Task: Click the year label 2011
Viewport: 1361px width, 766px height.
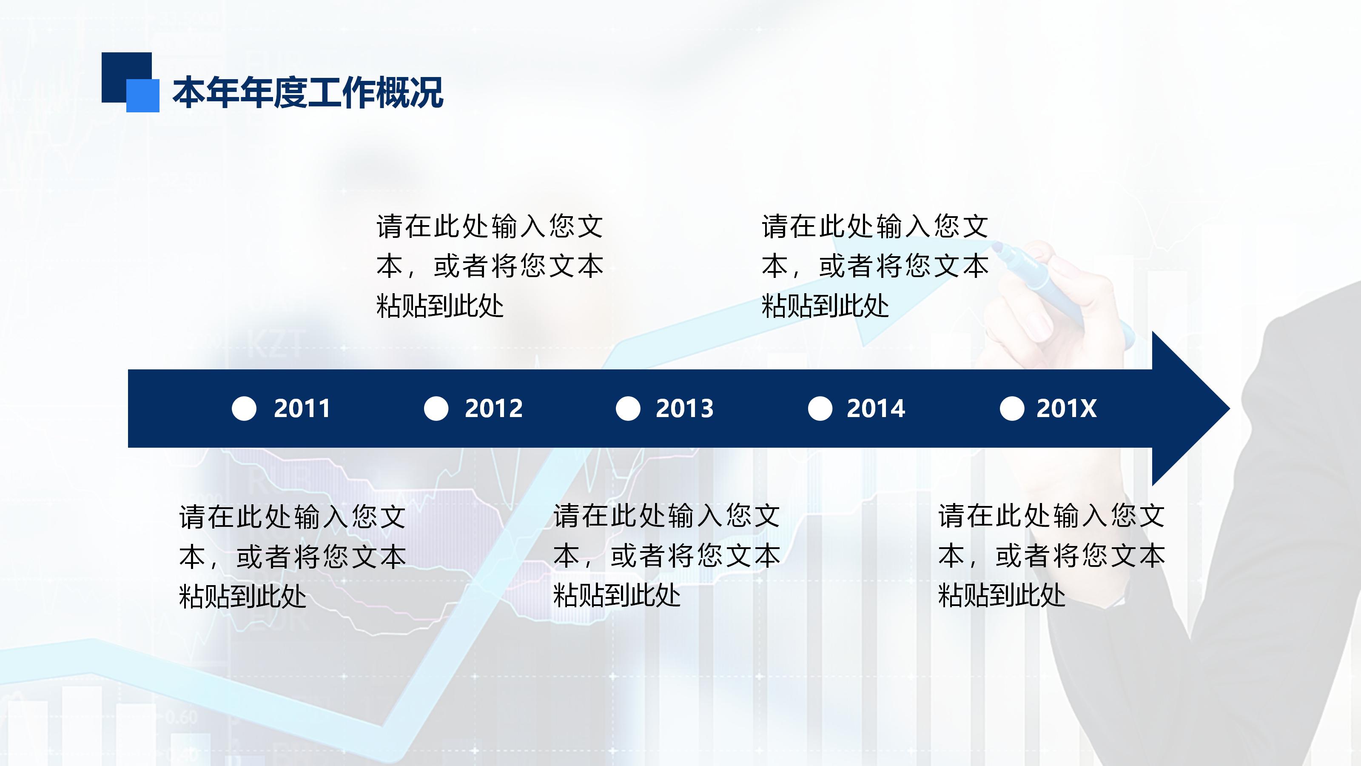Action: [x=302, y=409]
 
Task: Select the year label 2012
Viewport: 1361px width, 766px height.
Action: [x=493, y=409]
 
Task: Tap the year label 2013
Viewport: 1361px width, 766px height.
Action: [x=685, y=409]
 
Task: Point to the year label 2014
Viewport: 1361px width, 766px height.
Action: [x=875, y=409]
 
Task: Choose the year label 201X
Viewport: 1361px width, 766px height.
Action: [x=1066, y=409]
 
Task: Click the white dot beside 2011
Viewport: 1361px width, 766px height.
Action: [x=244, y=409]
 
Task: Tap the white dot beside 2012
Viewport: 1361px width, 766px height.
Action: [x=436, y=409]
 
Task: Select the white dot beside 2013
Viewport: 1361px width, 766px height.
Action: [x=628, y=409]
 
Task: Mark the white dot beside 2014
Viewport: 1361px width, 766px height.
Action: [x=820, y=409]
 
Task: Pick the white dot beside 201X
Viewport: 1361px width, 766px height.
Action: [x=1012, y=409]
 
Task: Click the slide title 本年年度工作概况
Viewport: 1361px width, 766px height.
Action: [x=308, y=92]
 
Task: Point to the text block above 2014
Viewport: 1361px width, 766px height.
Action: [x=874, y=266]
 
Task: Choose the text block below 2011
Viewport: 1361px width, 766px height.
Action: [x=292, y=557]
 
